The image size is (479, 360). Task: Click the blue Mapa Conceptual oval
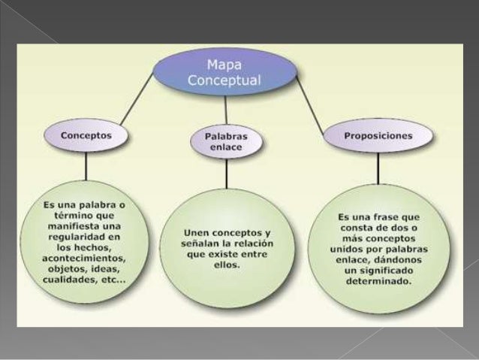tap(225, 72)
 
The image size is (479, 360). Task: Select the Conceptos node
tap(87, 137)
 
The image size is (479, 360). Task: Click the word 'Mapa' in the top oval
tap(224, 65)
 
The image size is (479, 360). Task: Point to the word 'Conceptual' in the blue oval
tap(224, 80)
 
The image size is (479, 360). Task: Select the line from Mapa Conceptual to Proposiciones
tap(309, 98)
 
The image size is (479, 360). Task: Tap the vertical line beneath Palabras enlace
tap(226, 173)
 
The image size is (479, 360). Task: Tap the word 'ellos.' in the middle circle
tap(224, 265)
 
